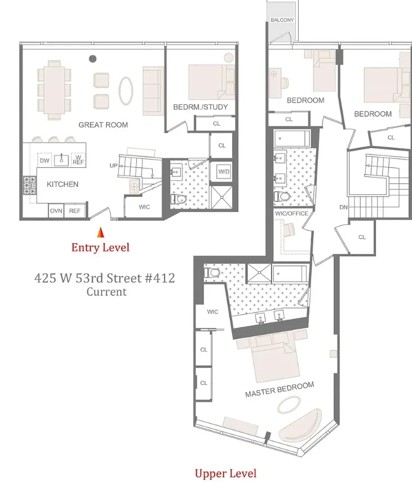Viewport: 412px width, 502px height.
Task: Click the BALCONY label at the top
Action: tap(282, 20)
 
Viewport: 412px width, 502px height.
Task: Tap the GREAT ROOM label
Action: tap(103, 125)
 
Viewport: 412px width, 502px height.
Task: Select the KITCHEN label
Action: tap(63, 184)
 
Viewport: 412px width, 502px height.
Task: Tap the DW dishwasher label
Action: tap(45, 161)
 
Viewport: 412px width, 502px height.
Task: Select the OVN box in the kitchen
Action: tap(56, 211)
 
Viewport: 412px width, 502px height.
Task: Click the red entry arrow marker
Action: tap(101, 232)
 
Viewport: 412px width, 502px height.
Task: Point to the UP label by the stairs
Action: tap(114, 166)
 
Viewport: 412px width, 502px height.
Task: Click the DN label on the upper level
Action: tap(343, 207)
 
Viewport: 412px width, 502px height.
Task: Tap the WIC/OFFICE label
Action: tap(291, 214)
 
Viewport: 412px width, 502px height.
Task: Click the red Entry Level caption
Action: tap(100, 247)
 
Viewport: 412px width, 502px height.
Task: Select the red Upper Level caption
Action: tap(225, 473)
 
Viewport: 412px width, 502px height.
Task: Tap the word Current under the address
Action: tap(107, 292)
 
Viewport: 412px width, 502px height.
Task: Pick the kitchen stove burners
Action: tap(29, 184)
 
